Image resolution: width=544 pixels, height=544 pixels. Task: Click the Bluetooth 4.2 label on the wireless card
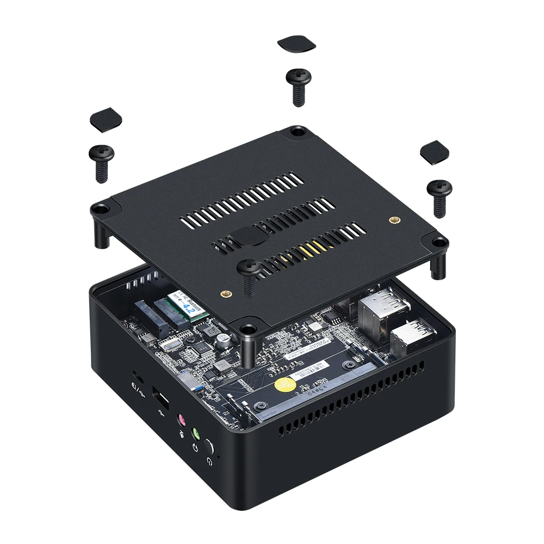(x=186, y=307)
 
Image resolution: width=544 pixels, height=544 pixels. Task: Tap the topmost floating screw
(x=299, y=85)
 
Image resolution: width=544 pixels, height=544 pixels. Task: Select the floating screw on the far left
(x=102, y=162)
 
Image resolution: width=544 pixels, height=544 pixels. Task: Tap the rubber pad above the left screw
(x=106, y=119)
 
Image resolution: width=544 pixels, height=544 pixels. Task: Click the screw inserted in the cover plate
(x=250, y=272)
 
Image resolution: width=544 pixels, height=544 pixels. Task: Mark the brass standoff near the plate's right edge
(x=393, y=220)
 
